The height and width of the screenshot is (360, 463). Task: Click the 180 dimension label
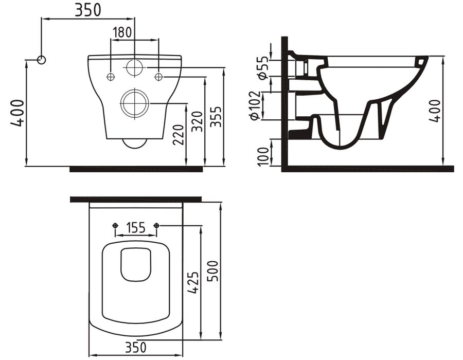122,32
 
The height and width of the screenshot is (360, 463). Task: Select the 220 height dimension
179,135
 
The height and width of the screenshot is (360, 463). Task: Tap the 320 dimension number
197,121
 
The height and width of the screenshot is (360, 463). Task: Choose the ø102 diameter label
255,105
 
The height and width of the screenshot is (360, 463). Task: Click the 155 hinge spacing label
136,228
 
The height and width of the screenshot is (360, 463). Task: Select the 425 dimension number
193,283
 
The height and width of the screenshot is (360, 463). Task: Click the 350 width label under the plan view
136,347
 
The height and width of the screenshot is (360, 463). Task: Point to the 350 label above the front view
87,10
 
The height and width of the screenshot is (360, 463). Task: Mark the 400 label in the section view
435,111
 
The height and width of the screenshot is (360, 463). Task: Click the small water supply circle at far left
41,60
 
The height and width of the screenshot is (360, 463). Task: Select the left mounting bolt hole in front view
111,77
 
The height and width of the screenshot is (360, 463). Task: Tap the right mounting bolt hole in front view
158,77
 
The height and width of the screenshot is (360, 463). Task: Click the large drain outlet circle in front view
135,103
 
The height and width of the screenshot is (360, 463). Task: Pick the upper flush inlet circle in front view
135,67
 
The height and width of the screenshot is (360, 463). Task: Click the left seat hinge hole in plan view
115,225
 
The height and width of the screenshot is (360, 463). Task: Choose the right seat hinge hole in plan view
156,225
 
